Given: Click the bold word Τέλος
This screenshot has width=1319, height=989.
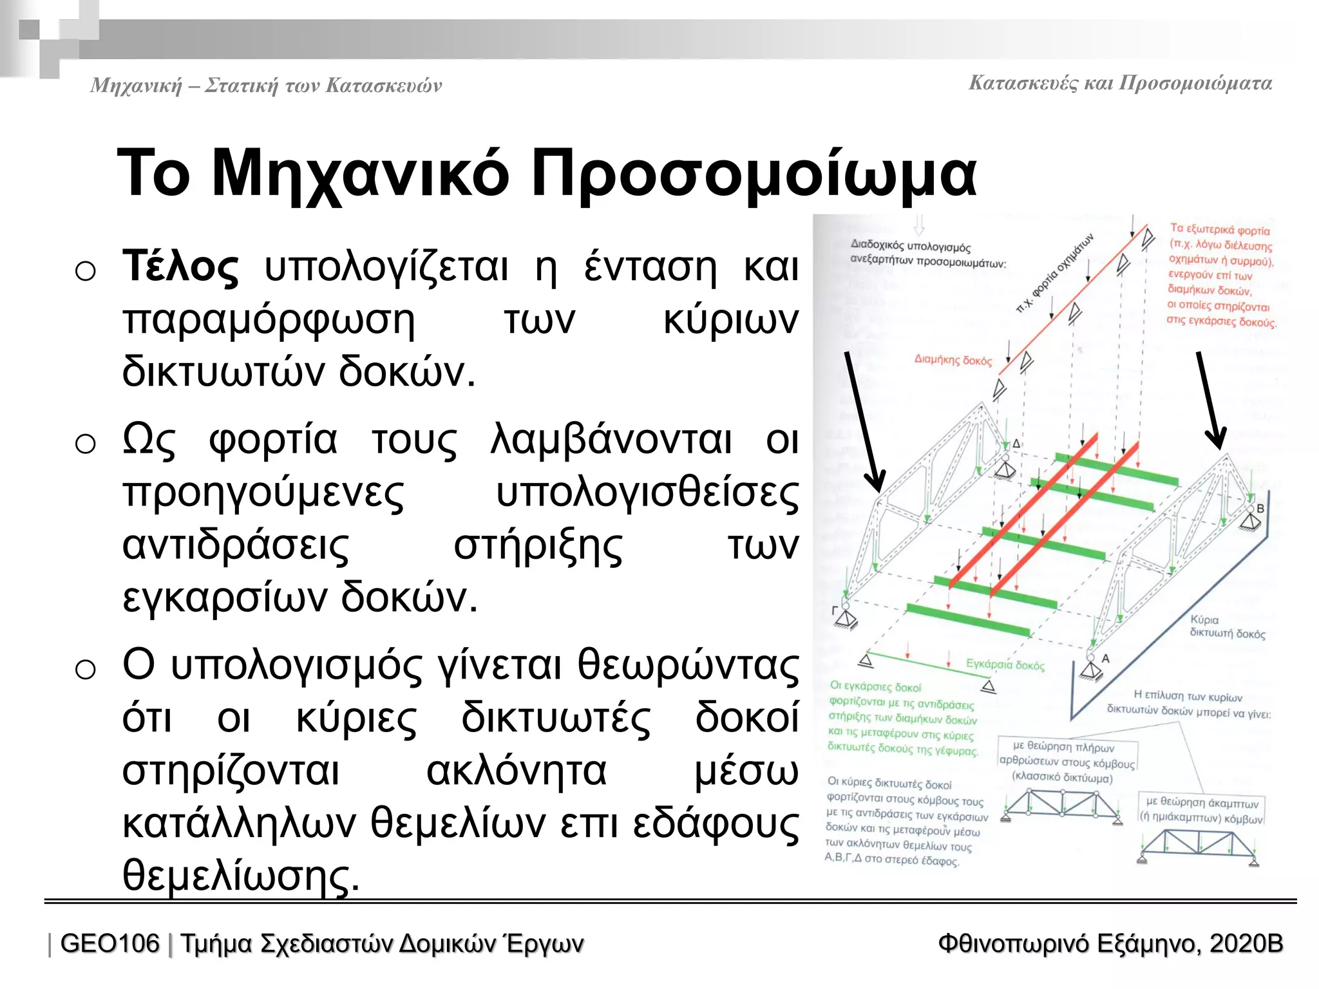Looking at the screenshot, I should [x=180, y=267].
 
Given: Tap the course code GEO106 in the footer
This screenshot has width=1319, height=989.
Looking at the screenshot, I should [x=109, y=944].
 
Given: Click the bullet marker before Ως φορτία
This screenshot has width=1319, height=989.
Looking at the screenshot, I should [x=85, y=444].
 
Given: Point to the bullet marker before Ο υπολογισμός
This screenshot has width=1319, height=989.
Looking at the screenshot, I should [x=85, y=670].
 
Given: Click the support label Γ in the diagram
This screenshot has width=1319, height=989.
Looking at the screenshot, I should [x=835, y=610].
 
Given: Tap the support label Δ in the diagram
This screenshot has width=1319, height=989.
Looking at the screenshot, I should [x=1016, y=444].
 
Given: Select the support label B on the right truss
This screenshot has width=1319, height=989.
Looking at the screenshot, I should [x=1260, y=509].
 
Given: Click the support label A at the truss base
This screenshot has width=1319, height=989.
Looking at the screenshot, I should [x=1106, y=659].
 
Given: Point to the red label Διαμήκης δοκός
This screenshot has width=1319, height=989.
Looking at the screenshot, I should [x=953, y=360].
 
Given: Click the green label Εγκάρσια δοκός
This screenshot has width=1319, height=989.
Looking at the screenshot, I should [x=1005, y=664].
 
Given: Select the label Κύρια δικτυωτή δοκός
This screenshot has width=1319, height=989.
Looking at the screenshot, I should [x=1226, y=626].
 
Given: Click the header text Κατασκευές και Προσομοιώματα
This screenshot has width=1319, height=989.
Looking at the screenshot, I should [x=1120, y=84].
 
